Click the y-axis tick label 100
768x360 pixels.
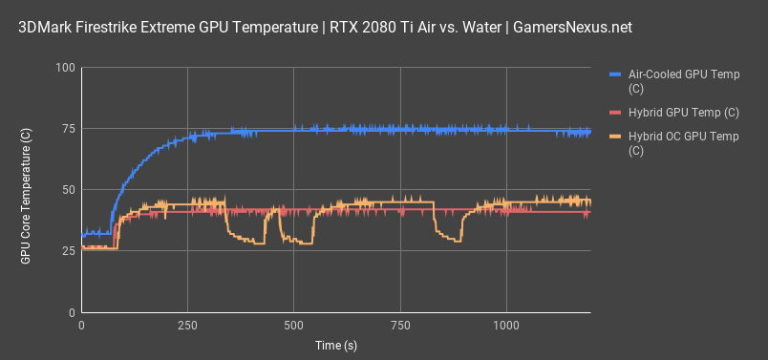coord(65,68)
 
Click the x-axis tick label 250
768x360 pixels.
coord(187,325)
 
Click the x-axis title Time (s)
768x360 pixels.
coord(335,345)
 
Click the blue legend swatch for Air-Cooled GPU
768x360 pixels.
coord(615,74)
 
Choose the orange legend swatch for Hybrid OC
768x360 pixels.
coord(615,138)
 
